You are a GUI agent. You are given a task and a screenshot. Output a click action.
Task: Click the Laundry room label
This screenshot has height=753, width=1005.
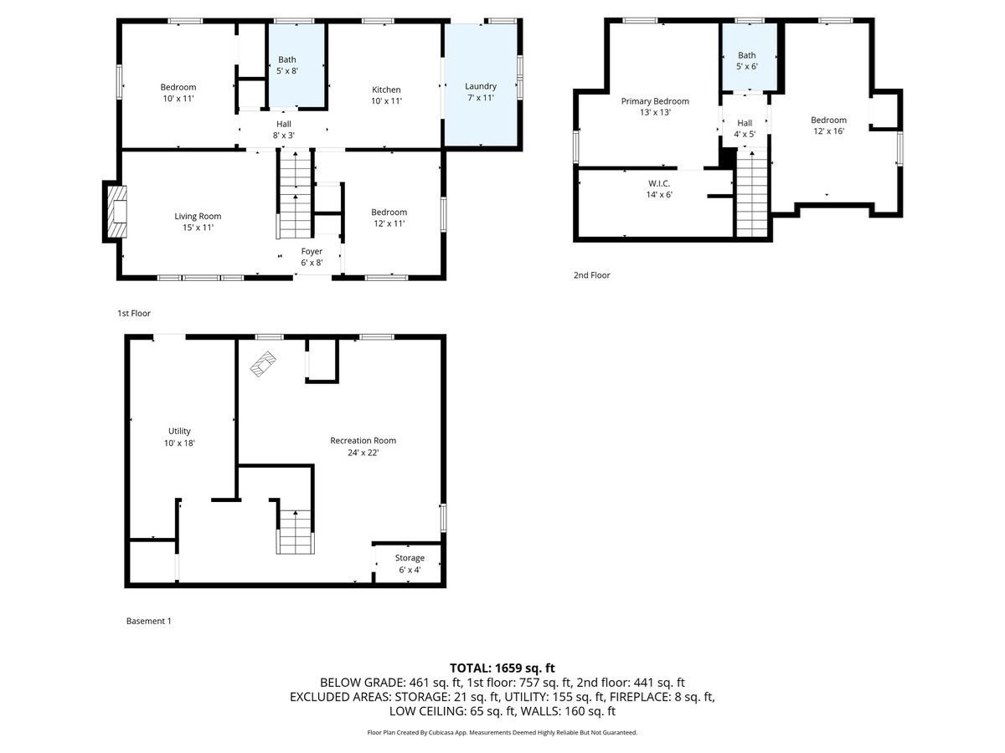pos(481,91)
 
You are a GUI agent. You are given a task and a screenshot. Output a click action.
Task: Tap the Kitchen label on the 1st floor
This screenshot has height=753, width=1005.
pos(386,95)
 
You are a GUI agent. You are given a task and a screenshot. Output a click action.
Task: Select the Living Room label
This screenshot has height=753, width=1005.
pos(198,221)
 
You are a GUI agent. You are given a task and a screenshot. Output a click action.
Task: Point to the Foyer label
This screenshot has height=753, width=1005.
pos(312,256)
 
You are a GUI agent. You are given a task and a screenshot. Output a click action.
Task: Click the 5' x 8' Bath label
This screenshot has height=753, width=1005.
pos(287,65)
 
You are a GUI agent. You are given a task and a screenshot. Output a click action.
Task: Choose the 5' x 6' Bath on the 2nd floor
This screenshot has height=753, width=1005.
pos(746,61)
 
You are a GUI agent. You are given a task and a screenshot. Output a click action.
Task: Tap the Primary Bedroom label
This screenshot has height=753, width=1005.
pos(655,105)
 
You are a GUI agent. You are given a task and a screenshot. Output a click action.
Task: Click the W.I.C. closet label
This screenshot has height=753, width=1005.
pos(658,188)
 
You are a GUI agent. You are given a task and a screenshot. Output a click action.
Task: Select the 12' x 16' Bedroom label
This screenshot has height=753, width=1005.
pos(828,125)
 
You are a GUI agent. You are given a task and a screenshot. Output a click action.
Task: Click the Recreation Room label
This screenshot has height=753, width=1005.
pos(363,446)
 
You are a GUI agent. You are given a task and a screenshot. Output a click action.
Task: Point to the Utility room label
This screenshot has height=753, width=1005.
pos(180,437)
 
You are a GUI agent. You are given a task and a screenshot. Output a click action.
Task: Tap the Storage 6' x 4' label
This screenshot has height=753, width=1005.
pos(410,563)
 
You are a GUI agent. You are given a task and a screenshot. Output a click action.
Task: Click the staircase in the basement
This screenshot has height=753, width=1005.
pos(294,531)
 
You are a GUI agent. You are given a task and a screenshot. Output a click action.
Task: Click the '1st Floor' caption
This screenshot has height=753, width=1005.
pos(134,313)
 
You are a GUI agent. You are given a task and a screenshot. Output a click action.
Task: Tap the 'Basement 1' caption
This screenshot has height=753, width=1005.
pos(148,621)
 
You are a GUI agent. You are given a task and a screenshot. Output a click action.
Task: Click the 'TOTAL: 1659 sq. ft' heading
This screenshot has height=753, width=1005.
pos(502,668)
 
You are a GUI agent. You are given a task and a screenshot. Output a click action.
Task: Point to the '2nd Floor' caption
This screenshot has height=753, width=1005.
pos(592,274)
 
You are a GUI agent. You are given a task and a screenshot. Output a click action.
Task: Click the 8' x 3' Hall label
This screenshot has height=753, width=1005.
pos(284,129)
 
